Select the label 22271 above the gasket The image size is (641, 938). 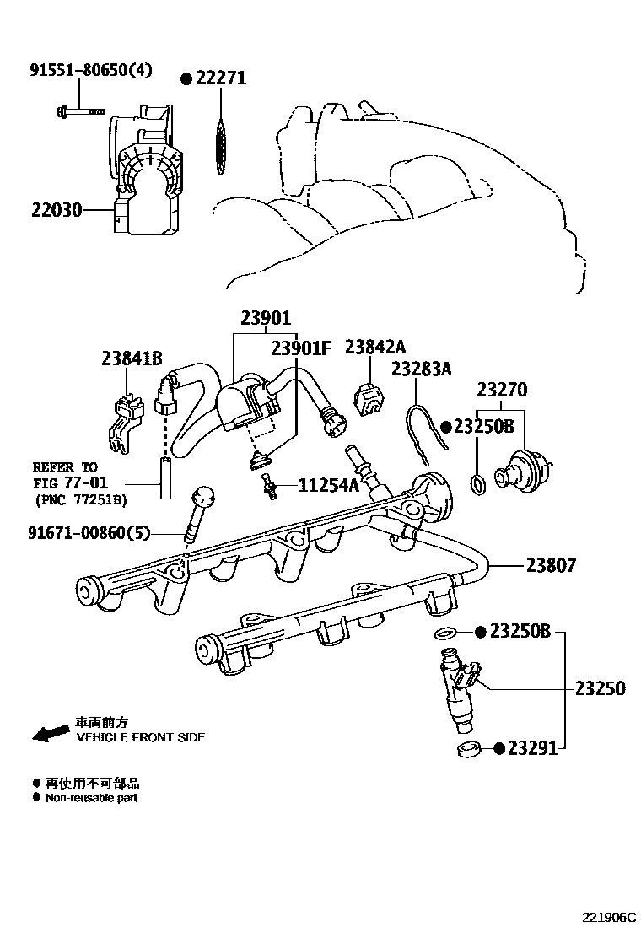tap(220, 78)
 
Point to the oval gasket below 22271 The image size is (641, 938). tap(220, 148)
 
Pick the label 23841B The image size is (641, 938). tap(132, 358)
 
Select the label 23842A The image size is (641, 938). tap(375, 347)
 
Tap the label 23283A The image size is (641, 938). tap(422, 368)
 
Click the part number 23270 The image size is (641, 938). tap(502, 391)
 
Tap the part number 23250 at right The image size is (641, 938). tap(601, 688)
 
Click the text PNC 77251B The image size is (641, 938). tap(81, 499)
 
